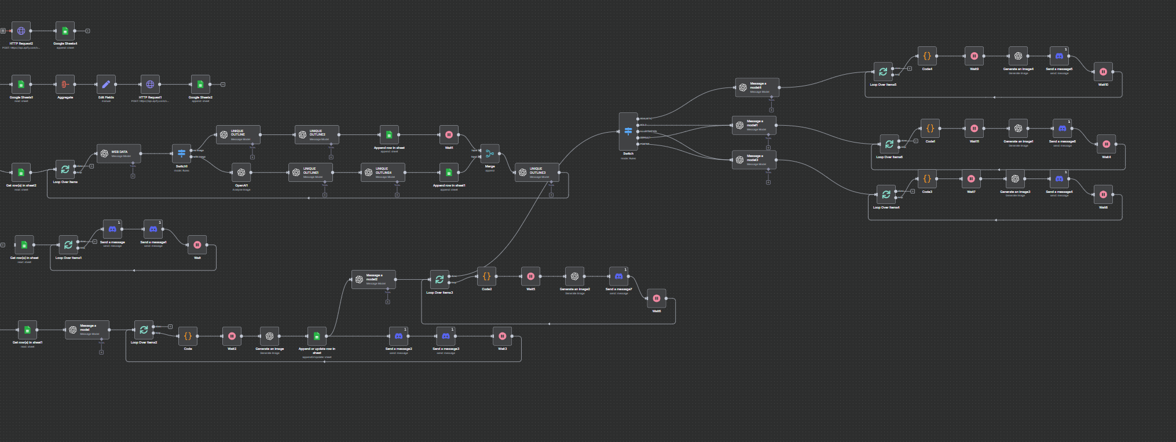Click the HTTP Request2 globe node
tap(21, 31)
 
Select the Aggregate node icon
tap(65, 85)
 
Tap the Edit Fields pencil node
tap(106, 85)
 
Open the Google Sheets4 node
tap(65, 31)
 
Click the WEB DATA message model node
tap(119, 154)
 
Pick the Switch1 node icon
tap(181, 154)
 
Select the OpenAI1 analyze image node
tap(241, 173)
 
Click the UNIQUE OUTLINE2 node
tap(317, 135)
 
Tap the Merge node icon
tap(490, 154)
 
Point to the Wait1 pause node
tap(449, 135)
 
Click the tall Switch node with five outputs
tap(628, 132)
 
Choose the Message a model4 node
tap(757, 87)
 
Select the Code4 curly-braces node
tap(927, 56)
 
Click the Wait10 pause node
tap(1103, 72)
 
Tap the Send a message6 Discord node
tap(1062, 129)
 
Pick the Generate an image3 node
tap(1015, 179)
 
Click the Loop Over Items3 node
tap(439, 280)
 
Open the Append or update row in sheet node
tap(317, 336)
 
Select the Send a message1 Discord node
tap(153, 229)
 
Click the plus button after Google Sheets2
tap(223, 85)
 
